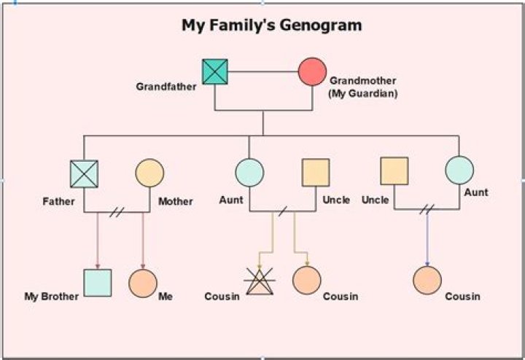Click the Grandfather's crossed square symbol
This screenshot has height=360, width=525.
215,72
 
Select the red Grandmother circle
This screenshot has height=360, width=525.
312,72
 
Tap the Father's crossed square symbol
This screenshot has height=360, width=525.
84,173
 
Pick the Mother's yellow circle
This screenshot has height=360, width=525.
149,173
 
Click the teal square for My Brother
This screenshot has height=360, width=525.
98,283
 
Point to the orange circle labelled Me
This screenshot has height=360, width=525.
143,283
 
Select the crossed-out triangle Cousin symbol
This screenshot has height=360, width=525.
259,281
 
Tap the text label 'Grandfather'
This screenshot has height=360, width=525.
166,87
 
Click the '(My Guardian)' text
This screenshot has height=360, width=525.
363,93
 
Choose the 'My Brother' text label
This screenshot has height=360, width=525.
51,297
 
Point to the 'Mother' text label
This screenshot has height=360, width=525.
176,201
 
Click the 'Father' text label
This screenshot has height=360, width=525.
58,201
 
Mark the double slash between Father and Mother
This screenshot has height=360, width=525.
117,212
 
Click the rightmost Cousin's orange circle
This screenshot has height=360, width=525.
427,280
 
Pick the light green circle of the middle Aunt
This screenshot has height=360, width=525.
249,173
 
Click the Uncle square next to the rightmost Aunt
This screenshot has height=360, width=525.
394,171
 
